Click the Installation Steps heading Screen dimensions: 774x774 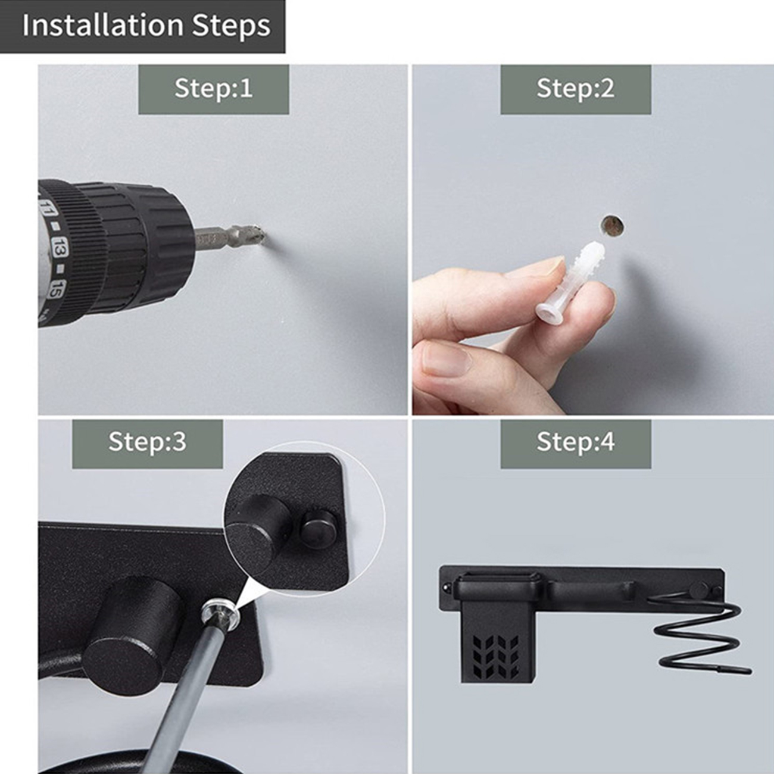pos(146,26)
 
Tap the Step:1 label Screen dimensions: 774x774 pos(214,89)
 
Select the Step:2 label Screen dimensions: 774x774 pos(576,89)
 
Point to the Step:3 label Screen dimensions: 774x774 pos(148,442)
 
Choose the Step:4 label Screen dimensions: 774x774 pos(576,442)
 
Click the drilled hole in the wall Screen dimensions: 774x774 pos(612,225)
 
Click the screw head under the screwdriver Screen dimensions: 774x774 pos(220,619)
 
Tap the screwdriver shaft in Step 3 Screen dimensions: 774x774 pos(181,691)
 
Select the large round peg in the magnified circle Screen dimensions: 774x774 pos(258,531)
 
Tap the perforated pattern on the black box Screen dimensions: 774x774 pos(495,656)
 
